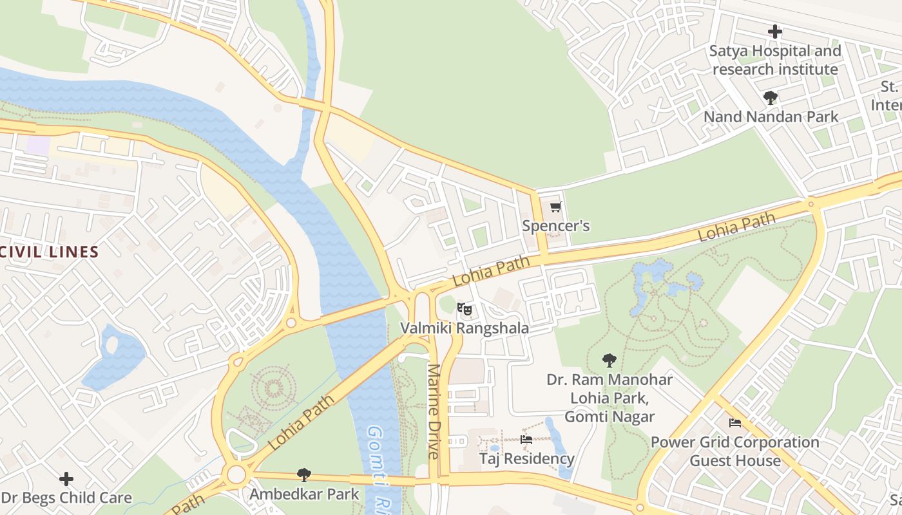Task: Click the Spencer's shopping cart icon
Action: [x=555, y=207]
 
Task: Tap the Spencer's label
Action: [x=555, y=227]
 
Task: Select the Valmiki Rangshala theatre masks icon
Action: [x=465, y=310]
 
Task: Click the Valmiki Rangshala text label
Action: [x=465, y=328]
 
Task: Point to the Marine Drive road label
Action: [x=434, y=412]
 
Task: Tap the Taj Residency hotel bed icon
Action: [x=526, y=440]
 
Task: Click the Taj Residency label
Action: [x=526, y=459]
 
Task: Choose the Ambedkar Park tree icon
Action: [x=303, y=475]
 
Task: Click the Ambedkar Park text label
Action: [x=303, y=494]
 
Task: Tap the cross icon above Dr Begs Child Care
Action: [x=66, y=479]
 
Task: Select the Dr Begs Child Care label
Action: [x=66, y=498]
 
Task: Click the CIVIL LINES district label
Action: [x=49, y=252]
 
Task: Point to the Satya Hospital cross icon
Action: [x=775, y=31]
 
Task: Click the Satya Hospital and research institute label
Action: [x=775, y=60]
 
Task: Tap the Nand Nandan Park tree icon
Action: [x=770, y=98]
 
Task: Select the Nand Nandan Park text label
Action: [x=771, y=117]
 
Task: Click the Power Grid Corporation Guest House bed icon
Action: [x=734, y=423]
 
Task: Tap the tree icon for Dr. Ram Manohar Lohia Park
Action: [x=609, y=360]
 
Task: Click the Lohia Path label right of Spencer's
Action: [x=737, y=228]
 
